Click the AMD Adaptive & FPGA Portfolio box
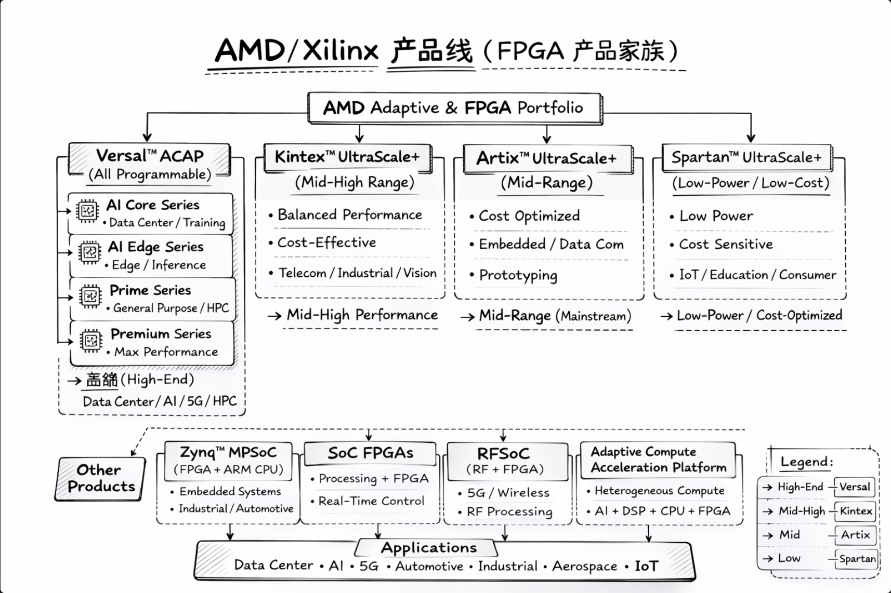pyautogui.click(x=454, y=108)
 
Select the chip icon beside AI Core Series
pyautogui.click(x=87, y=211)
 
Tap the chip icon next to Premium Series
pyautogui.click(x=91, y=341)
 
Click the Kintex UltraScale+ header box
pyautogui.click(x=347, y=157)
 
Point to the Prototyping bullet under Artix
pyautogui.click(x=518, y=275)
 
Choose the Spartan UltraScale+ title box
pyautogui.click(x=746, y=157)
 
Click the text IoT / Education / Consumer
pyautogui.click(x=757, y=275)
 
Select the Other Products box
pyautogui.click(x=100, y=478)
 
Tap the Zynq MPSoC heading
pyautogui.click(x=228, y=453)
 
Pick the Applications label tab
pyautogui.click(x=428, y=548)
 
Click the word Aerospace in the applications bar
pyautogui.click(x=584, y=566)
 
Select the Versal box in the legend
pyautogui.click(x=854, y=487)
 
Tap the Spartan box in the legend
pyautogui.click(x=857, y=559)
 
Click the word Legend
pyautogui.click(x=807, y=462)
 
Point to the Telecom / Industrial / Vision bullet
pyautogui.click(x=357, y=273)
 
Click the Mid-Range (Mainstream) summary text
pyautogui.click(x=555, y=316)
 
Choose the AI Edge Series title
pyautogui.click(x=155, y=247)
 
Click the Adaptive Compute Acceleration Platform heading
pyautogui.click(x=658, y=460)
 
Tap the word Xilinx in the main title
pyautogui.click(x=340, y=51)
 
